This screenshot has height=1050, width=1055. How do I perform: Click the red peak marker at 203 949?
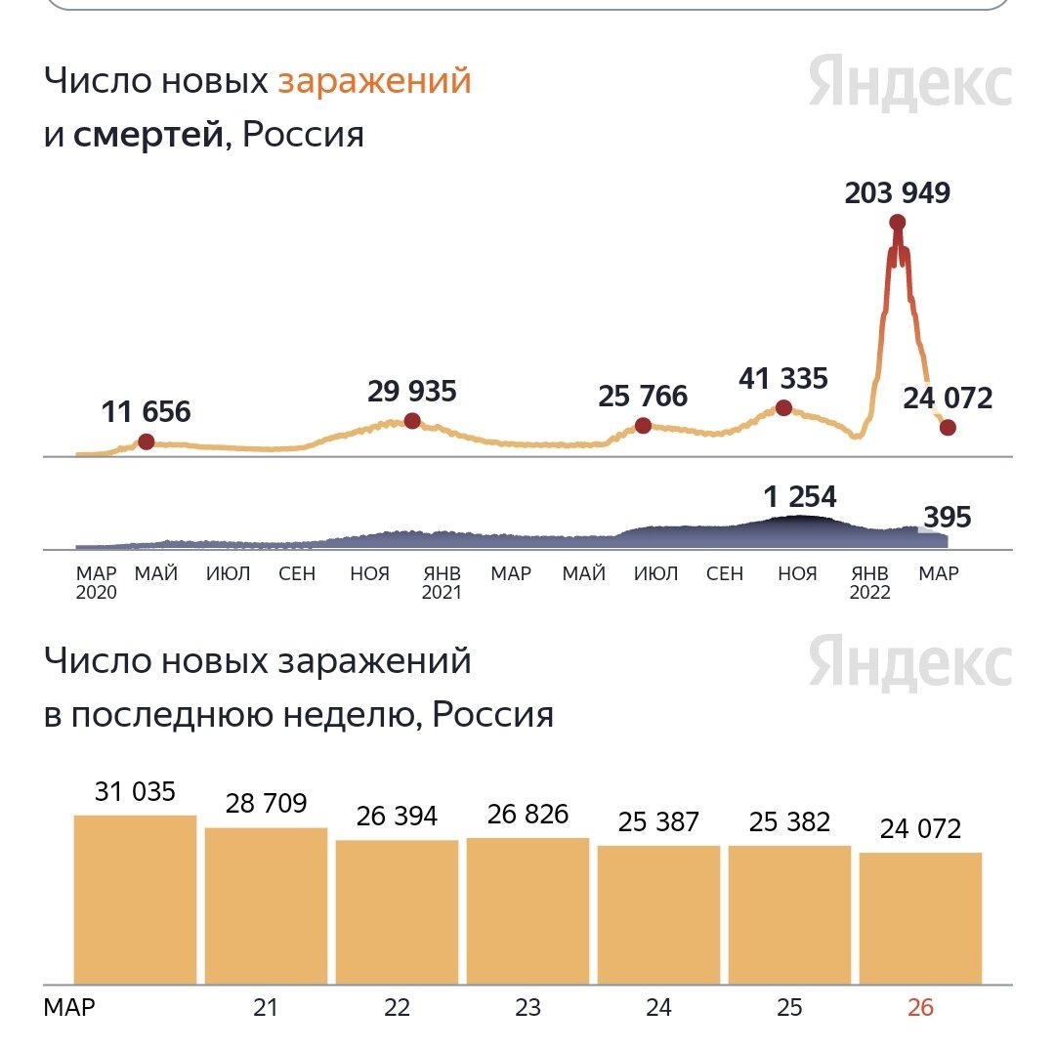click(x=898, y=223)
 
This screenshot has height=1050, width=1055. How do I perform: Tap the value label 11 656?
click(x=146, y=411)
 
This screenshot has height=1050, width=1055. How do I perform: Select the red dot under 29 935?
click(x=412, y=421)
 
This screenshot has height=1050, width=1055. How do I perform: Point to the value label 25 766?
click(x=643, y=396)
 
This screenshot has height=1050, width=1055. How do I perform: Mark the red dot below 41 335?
click(x=783, y=407)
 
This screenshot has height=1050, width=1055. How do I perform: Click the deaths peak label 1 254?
click(x=800, y=497)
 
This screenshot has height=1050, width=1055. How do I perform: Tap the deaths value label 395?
click(x=947, y=517)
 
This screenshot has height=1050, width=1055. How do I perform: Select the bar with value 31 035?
click(x=135, y=899)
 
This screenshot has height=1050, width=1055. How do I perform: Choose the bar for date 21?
click(x=266, y=904)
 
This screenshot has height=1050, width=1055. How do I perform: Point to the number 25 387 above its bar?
click(x=658, y=822)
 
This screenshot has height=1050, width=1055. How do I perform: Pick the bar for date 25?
click(x=789, y=914)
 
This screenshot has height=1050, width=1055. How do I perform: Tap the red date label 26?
click(x=920, y=1008)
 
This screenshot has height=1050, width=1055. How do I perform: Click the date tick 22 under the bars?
click(x=397, y=1008)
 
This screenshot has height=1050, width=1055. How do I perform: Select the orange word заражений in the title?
click(x=374, y=81)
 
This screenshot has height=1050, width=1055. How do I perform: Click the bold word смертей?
click(x=148, y=134)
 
